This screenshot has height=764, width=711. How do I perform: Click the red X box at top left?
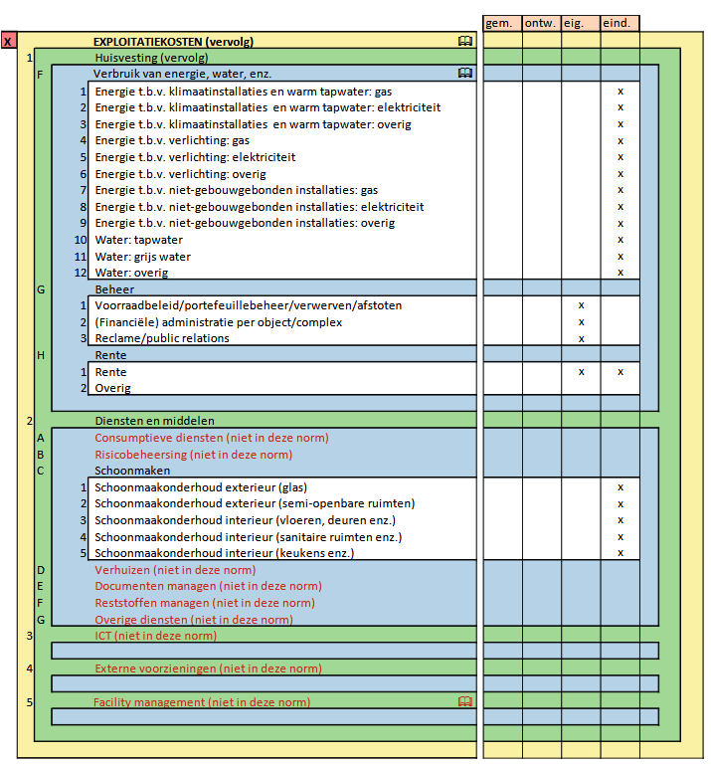point(9,42)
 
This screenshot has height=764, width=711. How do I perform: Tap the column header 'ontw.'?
point(540,23)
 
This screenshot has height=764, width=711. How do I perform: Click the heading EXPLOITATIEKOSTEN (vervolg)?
point(173,42)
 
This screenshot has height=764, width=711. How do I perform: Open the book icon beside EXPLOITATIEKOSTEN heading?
point(464,41)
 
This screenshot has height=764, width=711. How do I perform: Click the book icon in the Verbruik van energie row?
point(464,74)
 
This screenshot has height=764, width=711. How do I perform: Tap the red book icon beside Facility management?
point(464,702)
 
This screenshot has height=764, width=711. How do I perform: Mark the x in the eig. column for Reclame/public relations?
point(582,338)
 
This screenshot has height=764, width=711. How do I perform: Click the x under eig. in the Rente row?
point(582,372)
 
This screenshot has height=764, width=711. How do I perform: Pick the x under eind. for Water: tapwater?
point(621,240)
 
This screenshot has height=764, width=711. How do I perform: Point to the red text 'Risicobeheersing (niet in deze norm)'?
point(193,455)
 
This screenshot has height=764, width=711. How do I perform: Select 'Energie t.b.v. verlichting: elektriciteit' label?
point(195,157)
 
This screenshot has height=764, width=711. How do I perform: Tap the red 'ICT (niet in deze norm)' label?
point(155,636)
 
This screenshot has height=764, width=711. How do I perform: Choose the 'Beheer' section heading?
point(113,289)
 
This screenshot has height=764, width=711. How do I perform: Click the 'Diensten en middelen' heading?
point(154,421)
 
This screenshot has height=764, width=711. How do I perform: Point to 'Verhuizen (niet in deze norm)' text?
point(175,570)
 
